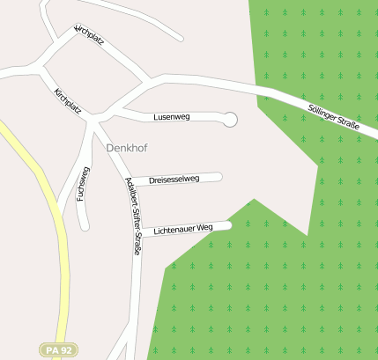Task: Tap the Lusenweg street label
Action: tap(171, 116)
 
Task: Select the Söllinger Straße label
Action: tap(334, 118)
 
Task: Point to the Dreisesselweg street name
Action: tap(174, 179)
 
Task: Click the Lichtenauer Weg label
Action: tap(183, 229)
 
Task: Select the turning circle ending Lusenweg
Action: tap(230, 119)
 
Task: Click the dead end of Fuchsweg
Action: tap(85, 226)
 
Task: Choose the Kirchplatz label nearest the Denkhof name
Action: tap(67, 100)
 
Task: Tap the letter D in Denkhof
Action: tap(109, 148)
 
